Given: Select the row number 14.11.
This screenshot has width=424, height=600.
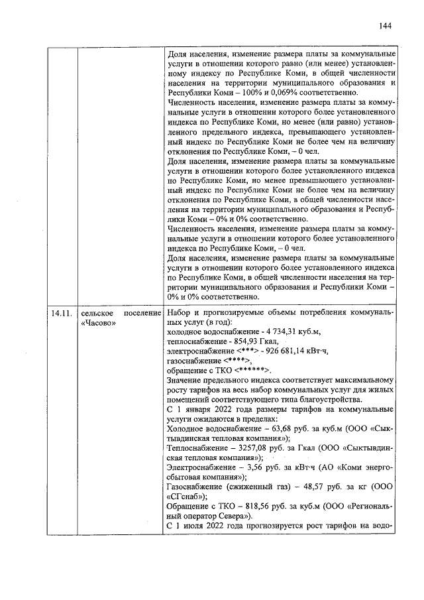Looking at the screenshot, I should (x=61, y=312).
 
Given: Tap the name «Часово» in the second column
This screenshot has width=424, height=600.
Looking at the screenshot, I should (x=97, y=324).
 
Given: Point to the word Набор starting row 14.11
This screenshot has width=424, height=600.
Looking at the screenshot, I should (x=180, y=312).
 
